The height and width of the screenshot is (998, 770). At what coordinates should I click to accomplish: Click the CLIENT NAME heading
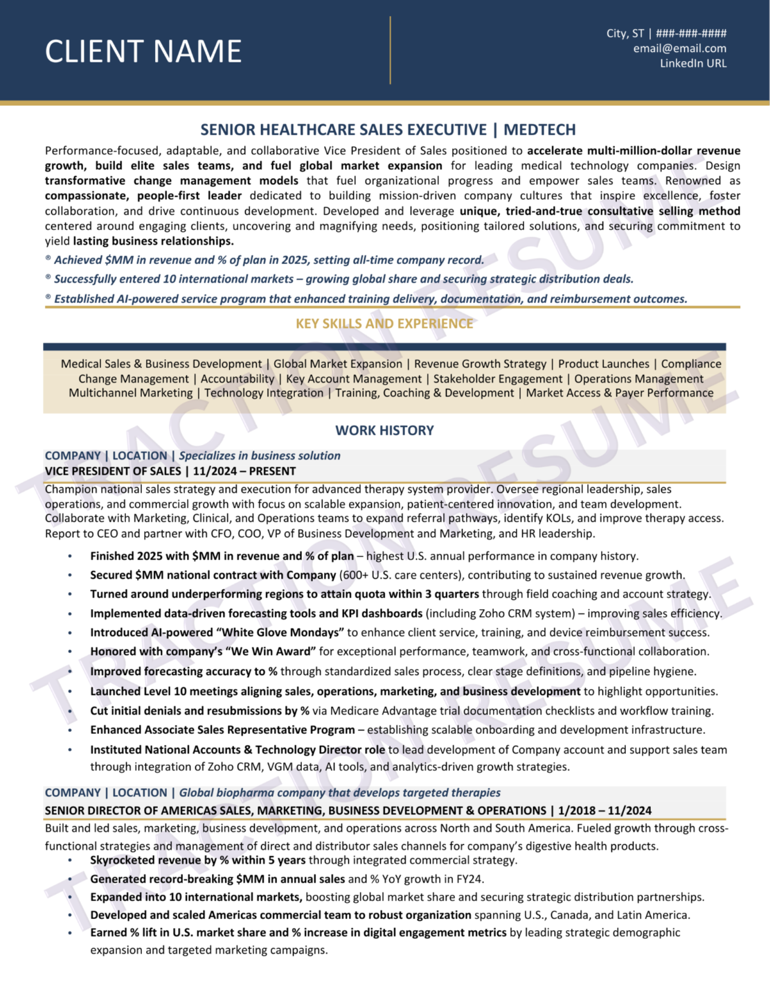pos(143,52)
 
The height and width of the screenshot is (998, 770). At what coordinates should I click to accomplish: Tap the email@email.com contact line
pos(679,49)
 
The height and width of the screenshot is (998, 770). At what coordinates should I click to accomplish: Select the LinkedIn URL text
pos(692,63)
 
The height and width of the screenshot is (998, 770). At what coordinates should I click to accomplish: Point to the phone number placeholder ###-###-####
pos(691,33)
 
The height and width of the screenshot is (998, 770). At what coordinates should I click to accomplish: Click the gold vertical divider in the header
pos(391,51)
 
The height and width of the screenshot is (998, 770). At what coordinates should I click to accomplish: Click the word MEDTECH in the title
pos(539,130)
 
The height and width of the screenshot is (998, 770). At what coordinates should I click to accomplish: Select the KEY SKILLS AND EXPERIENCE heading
pos(384,324)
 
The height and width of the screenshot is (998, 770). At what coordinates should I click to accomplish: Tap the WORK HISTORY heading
pos(384,430)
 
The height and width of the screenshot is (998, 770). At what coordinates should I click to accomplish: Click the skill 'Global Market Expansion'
pos(337,364)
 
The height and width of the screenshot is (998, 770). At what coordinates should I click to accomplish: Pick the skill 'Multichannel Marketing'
pos(131,393)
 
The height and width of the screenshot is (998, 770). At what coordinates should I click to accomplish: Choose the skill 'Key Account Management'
pos(353,378)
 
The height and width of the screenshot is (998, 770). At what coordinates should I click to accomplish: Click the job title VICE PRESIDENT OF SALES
pos(113,471)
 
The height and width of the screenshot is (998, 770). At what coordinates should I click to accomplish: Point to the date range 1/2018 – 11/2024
pos(605,810)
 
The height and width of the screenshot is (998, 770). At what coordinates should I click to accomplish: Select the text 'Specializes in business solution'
pos(260,455)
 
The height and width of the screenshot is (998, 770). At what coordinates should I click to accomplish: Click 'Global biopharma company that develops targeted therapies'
pos(339,792)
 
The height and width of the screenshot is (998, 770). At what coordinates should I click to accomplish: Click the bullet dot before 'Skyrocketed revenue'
pos(70,861)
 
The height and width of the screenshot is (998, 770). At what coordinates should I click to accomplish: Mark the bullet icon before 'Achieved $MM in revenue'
pos(48,259)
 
